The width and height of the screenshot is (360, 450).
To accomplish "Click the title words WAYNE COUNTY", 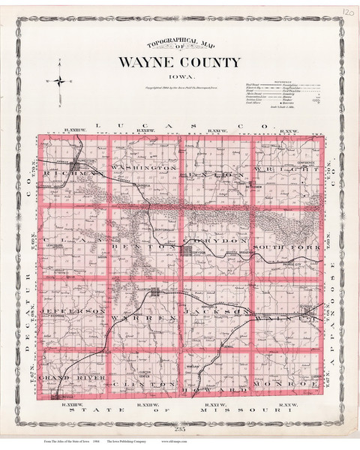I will [x=178, y=62].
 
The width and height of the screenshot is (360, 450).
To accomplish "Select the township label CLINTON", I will [x=142, y=382].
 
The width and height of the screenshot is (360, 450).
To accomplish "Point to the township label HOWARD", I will [x=217, y=390].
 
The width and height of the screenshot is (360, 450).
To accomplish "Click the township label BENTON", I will [x=132, y=246].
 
